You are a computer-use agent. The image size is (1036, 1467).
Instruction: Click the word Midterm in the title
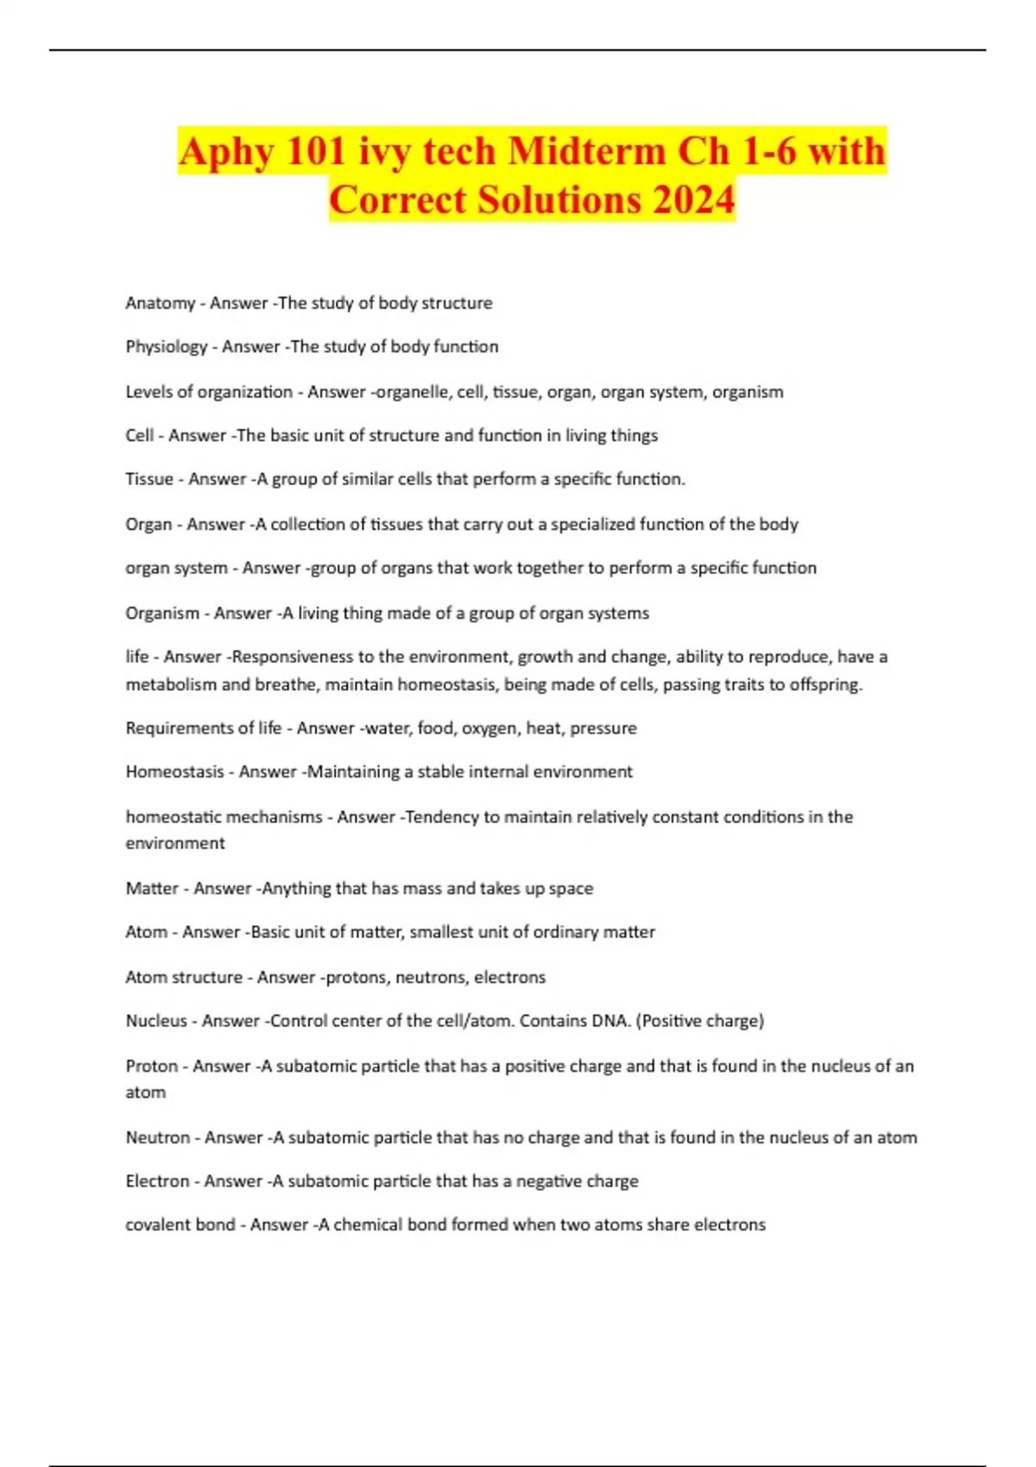[x=587, y=152]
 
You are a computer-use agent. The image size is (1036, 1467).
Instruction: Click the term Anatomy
[x=160, y=303]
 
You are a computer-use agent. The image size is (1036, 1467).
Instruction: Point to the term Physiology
[x=166, y=347]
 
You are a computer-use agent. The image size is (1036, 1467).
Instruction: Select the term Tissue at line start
[x=149, y=479]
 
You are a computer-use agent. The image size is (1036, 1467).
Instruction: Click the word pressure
[x=603, y=728]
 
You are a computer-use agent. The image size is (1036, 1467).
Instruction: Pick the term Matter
[x=152, y=888]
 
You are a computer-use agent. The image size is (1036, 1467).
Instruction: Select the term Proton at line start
[x=151, y=1066]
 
